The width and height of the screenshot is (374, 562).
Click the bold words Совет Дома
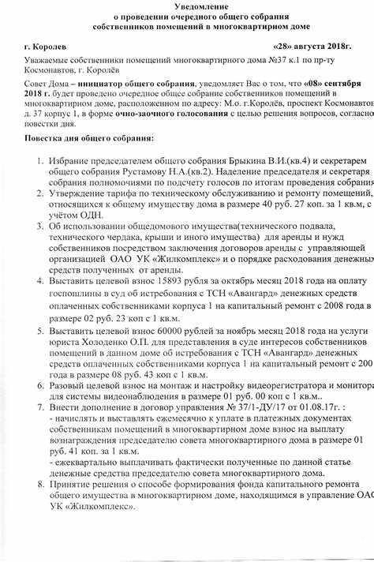point(48,84)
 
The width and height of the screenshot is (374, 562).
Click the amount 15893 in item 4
point(167,282)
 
